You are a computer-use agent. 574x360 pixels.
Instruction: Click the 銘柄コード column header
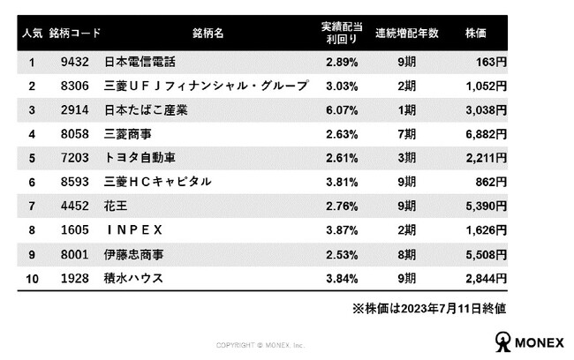[75, 34]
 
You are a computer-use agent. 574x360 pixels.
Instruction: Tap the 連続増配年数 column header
[407, 34]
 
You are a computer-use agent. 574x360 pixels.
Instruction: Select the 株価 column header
[475, 34]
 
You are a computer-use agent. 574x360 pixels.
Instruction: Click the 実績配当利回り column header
[342, 33]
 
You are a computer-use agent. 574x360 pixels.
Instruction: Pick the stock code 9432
[75, 62]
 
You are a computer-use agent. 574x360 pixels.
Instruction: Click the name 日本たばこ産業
[146, 110]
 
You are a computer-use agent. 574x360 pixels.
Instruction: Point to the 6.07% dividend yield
[342, 110]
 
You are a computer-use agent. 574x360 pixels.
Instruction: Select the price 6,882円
[487, 134]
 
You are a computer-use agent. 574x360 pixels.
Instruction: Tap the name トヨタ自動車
[140, 158]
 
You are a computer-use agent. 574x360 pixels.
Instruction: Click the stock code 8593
[75, 182]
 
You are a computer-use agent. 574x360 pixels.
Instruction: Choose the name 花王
[116, 206]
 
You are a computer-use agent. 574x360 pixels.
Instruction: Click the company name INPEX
[134, 230]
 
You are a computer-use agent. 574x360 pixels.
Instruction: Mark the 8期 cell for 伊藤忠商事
[407, 254]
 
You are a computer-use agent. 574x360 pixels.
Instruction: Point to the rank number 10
[32, 279]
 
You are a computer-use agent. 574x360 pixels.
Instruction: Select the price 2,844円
[487, 279]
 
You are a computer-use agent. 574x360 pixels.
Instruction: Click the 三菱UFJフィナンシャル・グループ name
[206, 86]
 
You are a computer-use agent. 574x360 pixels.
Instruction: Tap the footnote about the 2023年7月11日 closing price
[429, 309]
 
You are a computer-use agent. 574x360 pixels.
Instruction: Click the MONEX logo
[530, 341]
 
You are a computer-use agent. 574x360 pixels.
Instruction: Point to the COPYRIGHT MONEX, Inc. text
[260, 345]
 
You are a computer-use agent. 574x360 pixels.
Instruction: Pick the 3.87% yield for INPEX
[342, 230]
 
